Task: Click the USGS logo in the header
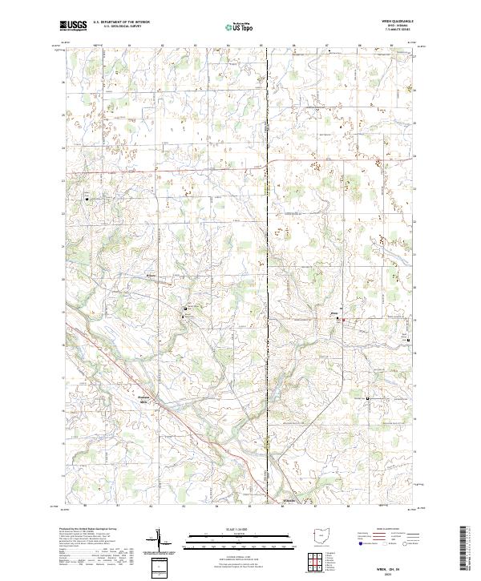point(73,26)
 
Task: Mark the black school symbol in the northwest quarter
point(88,198)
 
